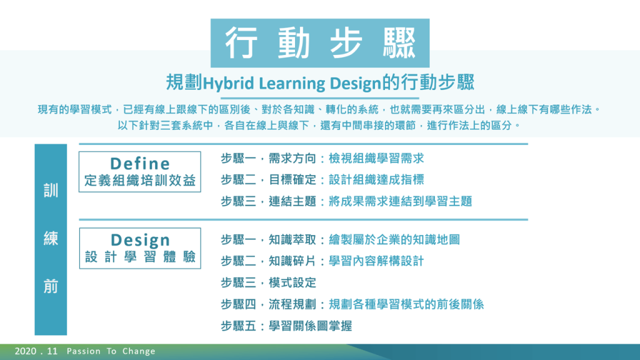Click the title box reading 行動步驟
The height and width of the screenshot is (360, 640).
pos(320,43)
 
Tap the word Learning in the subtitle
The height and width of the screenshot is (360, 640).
pos(292,84)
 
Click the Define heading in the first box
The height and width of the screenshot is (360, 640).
pos(140,164)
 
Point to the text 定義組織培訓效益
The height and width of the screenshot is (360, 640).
pos(140,181)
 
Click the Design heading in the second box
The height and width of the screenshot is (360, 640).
pos(140,240)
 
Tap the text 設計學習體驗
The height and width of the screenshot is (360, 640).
pos(140,257)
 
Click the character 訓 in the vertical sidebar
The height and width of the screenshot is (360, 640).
pos(51,191)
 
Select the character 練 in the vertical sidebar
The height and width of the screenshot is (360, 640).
pos(51,238)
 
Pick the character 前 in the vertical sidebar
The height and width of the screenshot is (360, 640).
pos(51,286)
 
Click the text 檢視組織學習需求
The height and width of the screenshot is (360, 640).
pos(376,158)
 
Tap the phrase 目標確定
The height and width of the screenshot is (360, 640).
pos(292,179)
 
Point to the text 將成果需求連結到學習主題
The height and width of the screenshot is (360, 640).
pos(401,201)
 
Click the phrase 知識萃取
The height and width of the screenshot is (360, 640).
pos(292,239)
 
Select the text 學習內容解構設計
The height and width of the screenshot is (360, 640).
pos(376,261)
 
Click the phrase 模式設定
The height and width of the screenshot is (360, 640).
pos(292,282)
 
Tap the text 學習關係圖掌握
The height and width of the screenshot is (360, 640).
pos(310,326)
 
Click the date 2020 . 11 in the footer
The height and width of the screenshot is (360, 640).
pos(36,351)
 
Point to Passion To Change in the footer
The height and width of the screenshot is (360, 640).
pos(111,351)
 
